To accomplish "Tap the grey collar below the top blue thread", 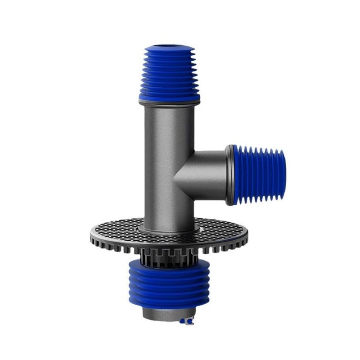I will [169, 103].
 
